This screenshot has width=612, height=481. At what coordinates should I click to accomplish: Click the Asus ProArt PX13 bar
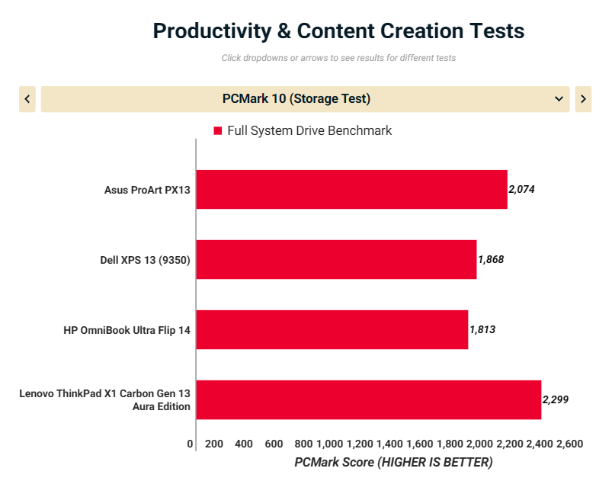point(351,189)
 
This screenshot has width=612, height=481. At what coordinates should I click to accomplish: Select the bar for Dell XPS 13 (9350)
point(336,259)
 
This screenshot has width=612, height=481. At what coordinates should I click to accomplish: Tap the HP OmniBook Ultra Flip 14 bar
point(332,329)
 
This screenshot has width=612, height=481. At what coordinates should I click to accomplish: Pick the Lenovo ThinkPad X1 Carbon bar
point(368,399)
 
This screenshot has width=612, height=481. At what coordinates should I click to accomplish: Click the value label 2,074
point(522,189)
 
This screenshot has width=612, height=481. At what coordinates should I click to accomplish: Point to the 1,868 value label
point(491,259)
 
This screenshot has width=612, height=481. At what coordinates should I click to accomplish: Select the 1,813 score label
point(482,329)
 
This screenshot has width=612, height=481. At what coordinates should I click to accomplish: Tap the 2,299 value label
point(556,399)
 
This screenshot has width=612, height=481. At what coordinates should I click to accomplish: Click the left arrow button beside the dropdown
point(27,98)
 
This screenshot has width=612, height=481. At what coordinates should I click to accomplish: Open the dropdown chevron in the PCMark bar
point(559,98)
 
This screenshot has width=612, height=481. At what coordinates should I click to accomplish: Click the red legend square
point(217,131)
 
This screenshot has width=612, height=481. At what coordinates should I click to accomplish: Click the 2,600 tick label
point(569,444)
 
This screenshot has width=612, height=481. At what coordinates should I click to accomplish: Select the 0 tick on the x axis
point(190,444)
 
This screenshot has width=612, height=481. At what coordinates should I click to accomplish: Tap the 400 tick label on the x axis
point(244,444)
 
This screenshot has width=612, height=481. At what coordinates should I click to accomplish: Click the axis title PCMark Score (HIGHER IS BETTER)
point(393,462)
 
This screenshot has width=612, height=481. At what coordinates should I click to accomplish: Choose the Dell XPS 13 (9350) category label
point(145,259)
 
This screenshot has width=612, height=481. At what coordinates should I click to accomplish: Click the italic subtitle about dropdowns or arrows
point(338,58)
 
